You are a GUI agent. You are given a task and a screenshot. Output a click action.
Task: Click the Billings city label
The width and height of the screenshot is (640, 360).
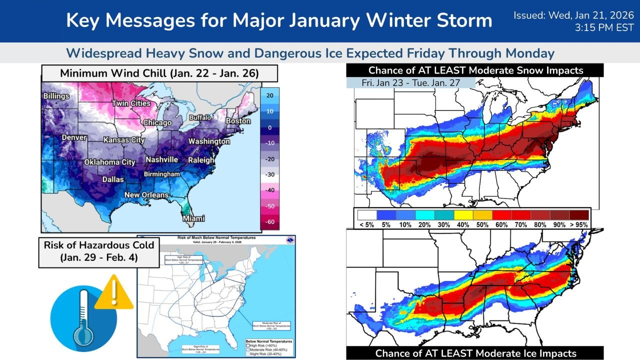click(56, 95)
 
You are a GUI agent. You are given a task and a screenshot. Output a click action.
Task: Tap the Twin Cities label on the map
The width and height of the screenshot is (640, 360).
click(131, 103)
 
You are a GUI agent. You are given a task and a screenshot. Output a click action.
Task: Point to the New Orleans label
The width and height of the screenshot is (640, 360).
click(146, 195)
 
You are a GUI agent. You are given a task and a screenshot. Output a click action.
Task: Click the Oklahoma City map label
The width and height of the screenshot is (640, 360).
click(109, 162)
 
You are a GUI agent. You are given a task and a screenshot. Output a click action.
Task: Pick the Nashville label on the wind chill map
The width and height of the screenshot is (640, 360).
click(161, 159)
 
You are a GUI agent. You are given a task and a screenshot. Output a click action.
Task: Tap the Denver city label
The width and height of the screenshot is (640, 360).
click(74, 137)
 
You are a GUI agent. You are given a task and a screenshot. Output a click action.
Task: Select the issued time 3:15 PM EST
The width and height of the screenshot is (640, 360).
click(605, 28)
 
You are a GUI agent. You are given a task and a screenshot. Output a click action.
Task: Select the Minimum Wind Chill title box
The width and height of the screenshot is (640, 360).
click(159, 73)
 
